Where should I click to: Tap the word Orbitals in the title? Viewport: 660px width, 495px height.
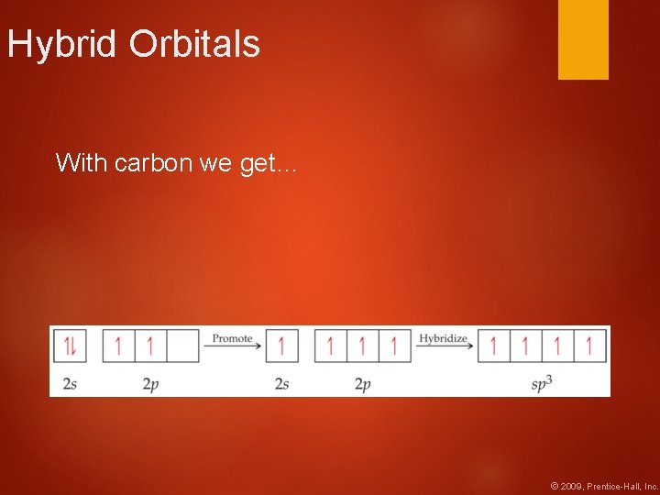click(x=194, y=44)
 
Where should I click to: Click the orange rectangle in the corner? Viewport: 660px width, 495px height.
click(x=583, y=38)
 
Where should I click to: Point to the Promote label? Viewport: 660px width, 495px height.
click(x=232, y=338)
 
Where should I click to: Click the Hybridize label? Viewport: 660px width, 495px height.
click(x=443, y=338)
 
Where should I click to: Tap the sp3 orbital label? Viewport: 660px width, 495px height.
click(x=542, y=384)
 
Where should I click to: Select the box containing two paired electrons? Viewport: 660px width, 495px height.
click(x=70, y=346)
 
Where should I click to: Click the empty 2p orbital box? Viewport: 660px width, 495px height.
click(x=182, y=346)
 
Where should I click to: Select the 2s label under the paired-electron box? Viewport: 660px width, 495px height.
click(x=70, y=384)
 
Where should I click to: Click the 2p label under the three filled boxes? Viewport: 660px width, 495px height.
click(x=362, y=384)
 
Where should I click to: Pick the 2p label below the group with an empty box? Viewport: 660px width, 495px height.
click(x=150, y=384)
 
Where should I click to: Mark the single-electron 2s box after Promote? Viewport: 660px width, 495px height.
click(x=281, y=346)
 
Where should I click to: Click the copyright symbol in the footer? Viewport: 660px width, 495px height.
click(x=554, y=485)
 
